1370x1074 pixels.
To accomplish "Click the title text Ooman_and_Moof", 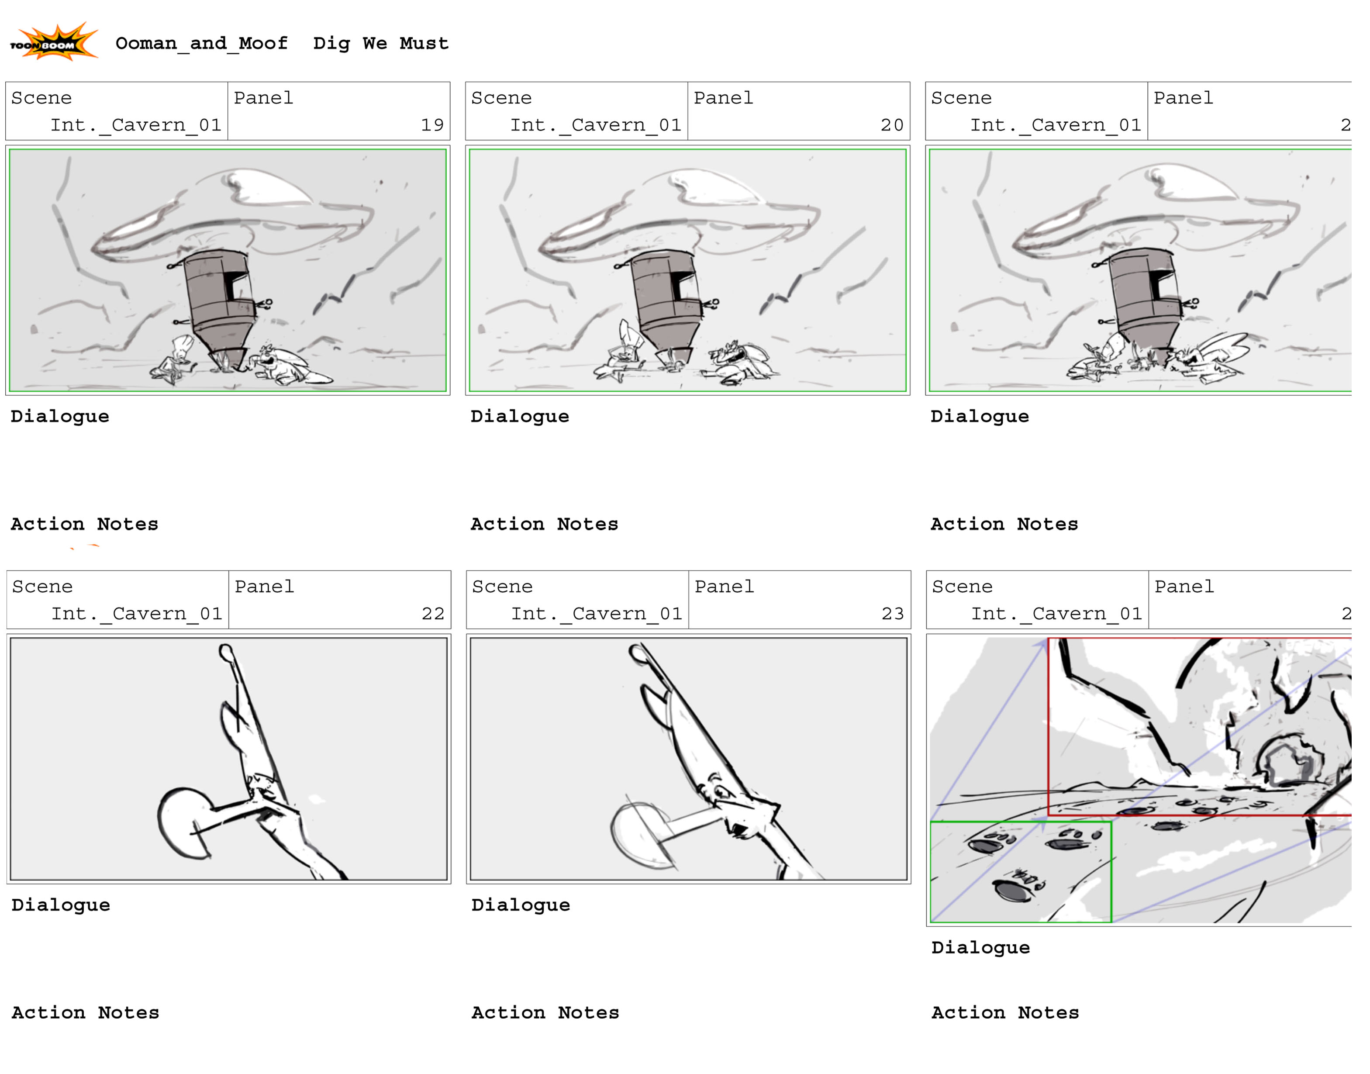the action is coord(202,43).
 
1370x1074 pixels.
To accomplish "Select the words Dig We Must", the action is coord(381,43).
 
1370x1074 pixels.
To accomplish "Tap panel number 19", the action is coord(432,125).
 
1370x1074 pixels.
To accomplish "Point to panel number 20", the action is coord(892,125).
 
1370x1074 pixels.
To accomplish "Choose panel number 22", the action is coord(433,614).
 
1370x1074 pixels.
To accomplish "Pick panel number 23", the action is coord(893,614).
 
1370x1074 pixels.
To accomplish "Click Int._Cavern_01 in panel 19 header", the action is coord(136,125).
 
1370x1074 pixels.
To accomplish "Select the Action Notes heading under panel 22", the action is coord(86,1012).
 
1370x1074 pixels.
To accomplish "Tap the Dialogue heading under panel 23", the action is coord(521,905).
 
